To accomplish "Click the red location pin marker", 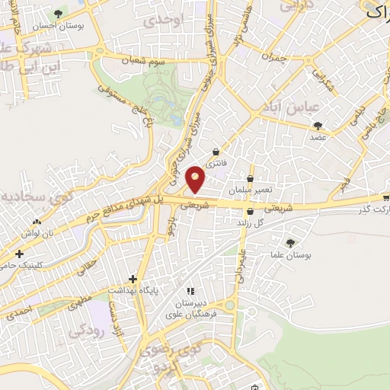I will coord(196,179).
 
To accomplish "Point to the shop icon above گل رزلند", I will coord(250,213).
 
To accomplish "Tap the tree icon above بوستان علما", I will coord(289,242).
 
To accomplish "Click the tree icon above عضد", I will coord(318,126).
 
